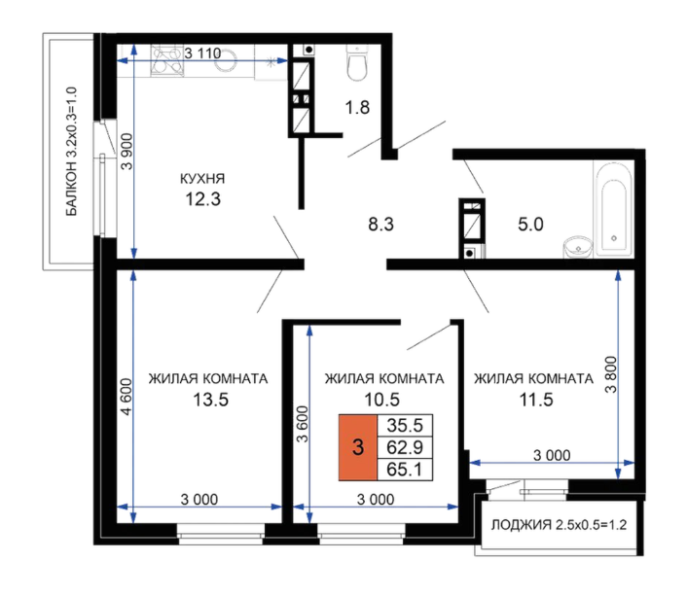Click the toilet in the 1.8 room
tap(357, 62)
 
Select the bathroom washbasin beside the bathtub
tap(577, 248)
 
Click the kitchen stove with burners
tap(167, 60)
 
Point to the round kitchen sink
tap(226, 61)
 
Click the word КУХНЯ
tap(202, 179)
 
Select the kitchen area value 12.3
tap(202, 199)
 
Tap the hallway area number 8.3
tap(380, 225)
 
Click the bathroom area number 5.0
tap(530, 225)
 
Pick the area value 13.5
tap(211, 400)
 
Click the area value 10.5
tap(382, 400)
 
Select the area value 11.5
tap(536, 400)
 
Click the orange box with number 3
tap(358, 447)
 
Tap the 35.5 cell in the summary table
tap(405, 425)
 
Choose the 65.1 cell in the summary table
tap(405, 470)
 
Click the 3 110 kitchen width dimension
tap(202, 53)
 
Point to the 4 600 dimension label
tap(127, 397)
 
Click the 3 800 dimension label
tap(611, 375)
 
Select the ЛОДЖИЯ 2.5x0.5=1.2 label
tap(559, 525)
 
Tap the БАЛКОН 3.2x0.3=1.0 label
tap(71, 152)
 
